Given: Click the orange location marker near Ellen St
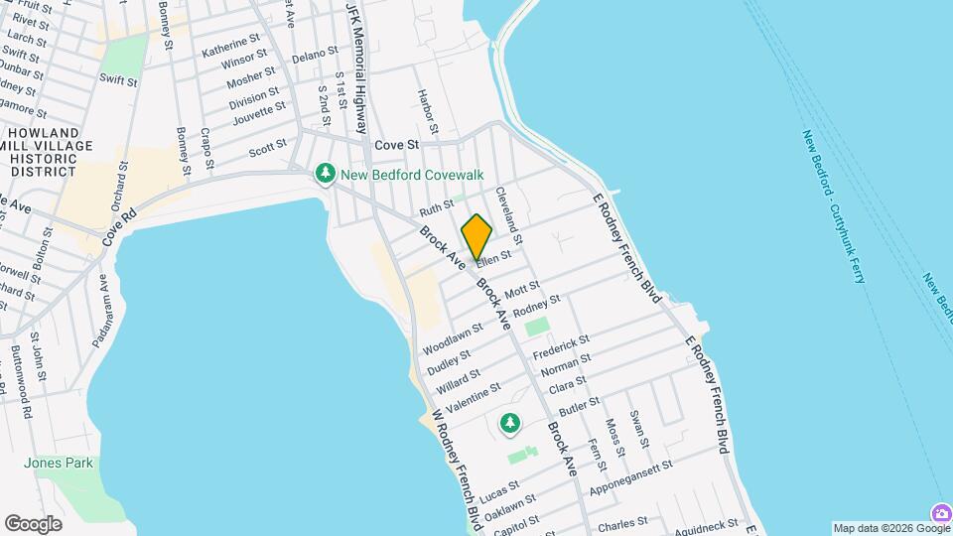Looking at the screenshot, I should point(476,236).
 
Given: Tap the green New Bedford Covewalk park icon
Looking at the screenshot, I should point(325,175).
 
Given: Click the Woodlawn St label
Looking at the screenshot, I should point(453,338).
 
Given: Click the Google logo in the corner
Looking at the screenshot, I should point(33,523).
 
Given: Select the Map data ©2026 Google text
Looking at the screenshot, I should point(878,528).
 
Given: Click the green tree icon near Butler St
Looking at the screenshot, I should point(510,424).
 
